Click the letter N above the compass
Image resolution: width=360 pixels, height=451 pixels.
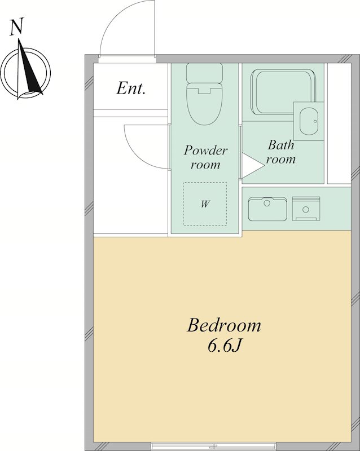tap(17, 27)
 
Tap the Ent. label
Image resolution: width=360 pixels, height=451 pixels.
tap(131, 88)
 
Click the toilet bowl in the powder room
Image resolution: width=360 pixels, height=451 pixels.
tap(205, 104)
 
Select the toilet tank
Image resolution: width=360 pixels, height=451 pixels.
tap(204, 73)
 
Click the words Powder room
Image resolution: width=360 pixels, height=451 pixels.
tap(205, 157)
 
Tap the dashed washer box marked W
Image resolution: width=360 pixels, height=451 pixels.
tap(205, 204)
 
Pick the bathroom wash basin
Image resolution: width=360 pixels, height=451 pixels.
tap(309, 121)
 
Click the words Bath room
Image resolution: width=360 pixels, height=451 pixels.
tap(281, 152)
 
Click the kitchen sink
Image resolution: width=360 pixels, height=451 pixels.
tap(267, 209)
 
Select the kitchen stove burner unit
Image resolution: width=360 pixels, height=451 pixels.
tap(306, 209)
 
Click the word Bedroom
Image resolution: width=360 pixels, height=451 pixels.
tap(224, 325)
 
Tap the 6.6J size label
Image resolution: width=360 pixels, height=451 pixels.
tap(224, 347)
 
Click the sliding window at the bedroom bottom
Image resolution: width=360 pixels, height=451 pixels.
tap(213, 446)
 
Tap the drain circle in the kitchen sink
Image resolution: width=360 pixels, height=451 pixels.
tap(267, 203)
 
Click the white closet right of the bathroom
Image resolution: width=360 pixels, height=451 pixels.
tap(339, 123)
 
